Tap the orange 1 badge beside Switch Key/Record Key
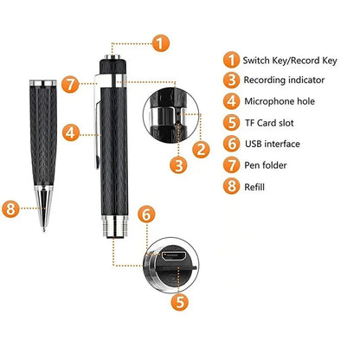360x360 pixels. click(x=230, y=59)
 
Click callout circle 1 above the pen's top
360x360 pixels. click(x=161, y=42)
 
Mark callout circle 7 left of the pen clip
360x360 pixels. click(x=72, y=83)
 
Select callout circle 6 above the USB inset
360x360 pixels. click(x=146, y=213)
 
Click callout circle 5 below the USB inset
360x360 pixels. click(x=180, y=302)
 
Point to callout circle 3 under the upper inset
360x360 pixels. click(x=177, y=164)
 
